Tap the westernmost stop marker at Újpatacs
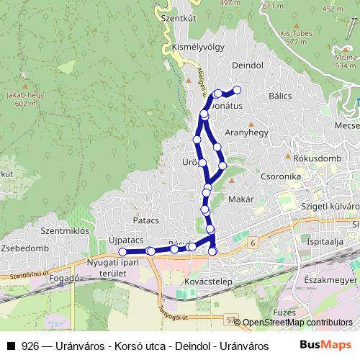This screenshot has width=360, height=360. (122, 252)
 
